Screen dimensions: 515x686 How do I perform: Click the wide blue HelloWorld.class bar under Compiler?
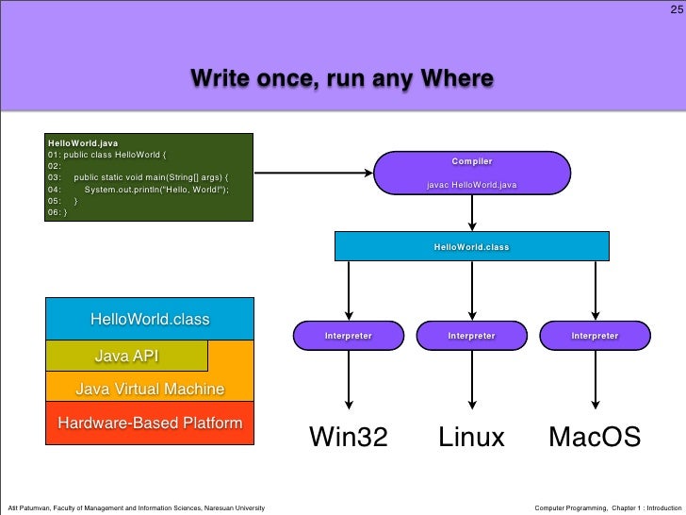point(471,246)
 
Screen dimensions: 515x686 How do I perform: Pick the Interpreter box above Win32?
point(349,336)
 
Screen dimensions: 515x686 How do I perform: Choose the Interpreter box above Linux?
point(471,336)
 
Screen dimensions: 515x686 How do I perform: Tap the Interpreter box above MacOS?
point(595,336)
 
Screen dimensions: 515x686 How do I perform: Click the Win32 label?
point(349,438)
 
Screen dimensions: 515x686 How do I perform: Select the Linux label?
point(471,438)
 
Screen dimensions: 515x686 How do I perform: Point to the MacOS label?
point(595,438)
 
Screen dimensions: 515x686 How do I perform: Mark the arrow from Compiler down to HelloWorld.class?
point(471,213)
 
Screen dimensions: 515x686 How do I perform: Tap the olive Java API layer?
point(126,356)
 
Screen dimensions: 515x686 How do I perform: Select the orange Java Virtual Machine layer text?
point(150,389)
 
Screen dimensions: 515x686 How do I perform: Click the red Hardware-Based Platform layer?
point(150,424)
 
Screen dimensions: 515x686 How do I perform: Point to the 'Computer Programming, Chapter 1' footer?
point(607,508)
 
